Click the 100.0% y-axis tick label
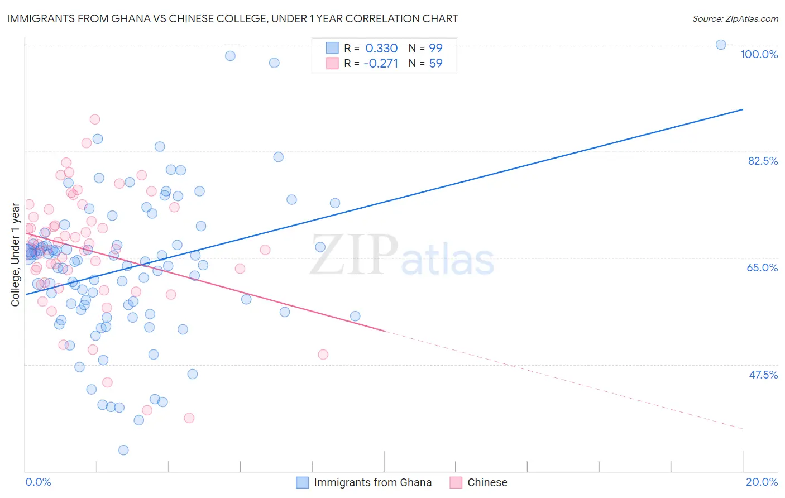pyautogui.click(x=759, y=54)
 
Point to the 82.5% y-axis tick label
pyautogui.click(x=763, y=161)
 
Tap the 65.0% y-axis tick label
pyautogui.click(x=762, y=267)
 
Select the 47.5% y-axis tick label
pyautogui.click(x=763, y=375)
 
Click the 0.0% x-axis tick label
pyautogui.click(x=38, y=482)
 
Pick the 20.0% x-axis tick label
pyautogui.click(x=762, y=482)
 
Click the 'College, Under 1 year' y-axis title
pyautogui.click(x=16, y=255)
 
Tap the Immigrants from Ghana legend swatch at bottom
pyautogui.click(x=302, y=482)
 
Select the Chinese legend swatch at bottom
pyautogui.click(x=456, y=482)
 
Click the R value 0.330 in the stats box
pyautogui.click(x=381, y=48)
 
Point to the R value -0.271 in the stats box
pyautogui.click(x=380, y=63)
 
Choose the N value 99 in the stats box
pyautogui.click(x=435, y=48)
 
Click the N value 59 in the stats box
pyautogui.click(x=435, y=63)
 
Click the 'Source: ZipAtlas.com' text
pyautogui.click(x=735, y=19)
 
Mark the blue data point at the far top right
pyautogui.click(x=721, y=45)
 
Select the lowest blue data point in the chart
pyautogui.click(x=123, y=450)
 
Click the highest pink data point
pyautogui.click(x=95, y=119)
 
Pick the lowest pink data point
pyautogui.click(x=189, y=418)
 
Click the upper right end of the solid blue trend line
pyautogui.click(x=743, y=109)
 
